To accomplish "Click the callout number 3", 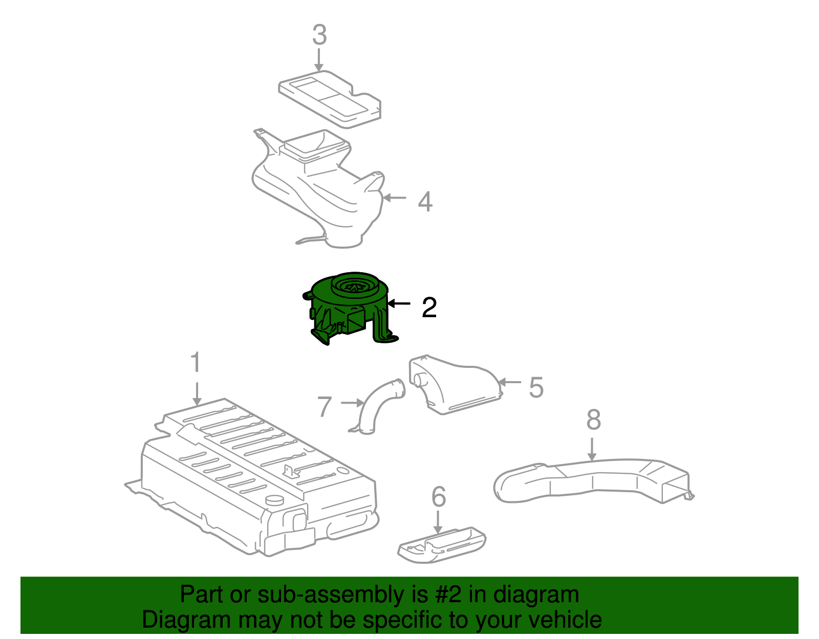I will click(x=319, y=35).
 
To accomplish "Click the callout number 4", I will click(x=425, y=202).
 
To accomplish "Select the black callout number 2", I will click(x=429, y=307).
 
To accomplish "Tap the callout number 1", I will click(x=196, y=363).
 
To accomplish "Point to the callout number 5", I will click(x=535, y=387).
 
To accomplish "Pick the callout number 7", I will click(x=325, y=407).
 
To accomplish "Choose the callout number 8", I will click(x=593, y=420).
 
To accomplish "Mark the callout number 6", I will click(x=439, y=497).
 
